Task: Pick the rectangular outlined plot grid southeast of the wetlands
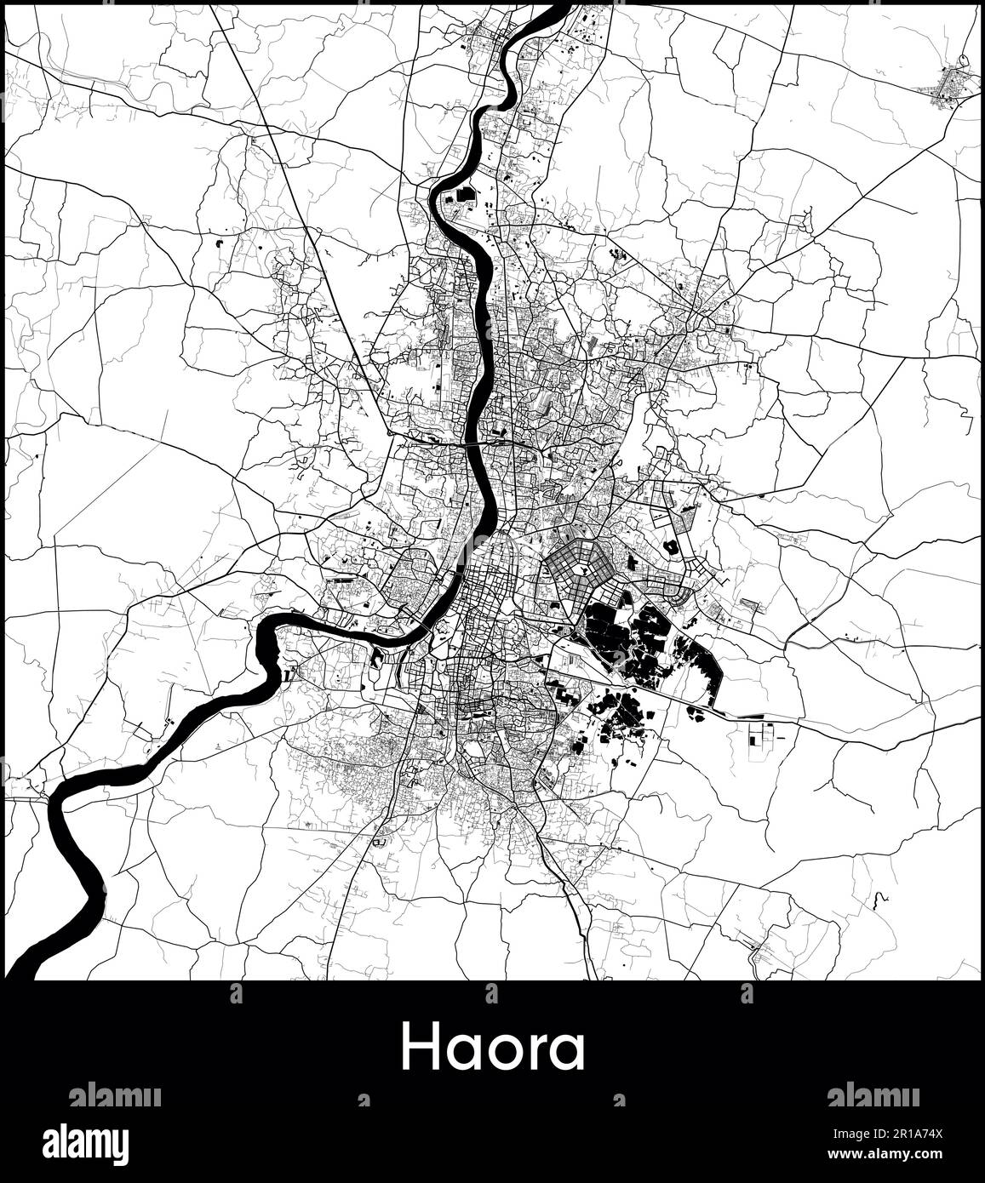tap(761, 733)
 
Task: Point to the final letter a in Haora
tap(565, 1054)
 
